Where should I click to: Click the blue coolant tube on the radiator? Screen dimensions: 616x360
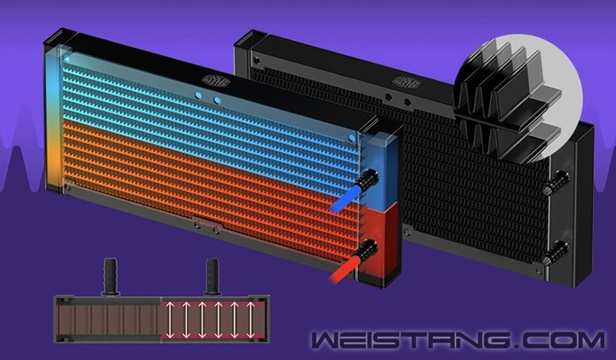(345, 199)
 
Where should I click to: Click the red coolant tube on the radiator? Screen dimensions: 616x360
(344, 270)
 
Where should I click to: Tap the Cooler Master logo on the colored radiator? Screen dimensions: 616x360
(215, 81)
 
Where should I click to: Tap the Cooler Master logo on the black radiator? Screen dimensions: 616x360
(407, 83)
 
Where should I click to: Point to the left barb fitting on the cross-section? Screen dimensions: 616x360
(111, 277)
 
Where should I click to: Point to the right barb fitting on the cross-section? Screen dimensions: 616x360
(212, 277)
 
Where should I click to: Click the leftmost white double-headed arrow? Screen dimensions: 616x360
(169, 319)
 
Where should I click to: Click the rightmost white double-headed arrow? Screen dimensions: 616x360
(251, 319)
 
